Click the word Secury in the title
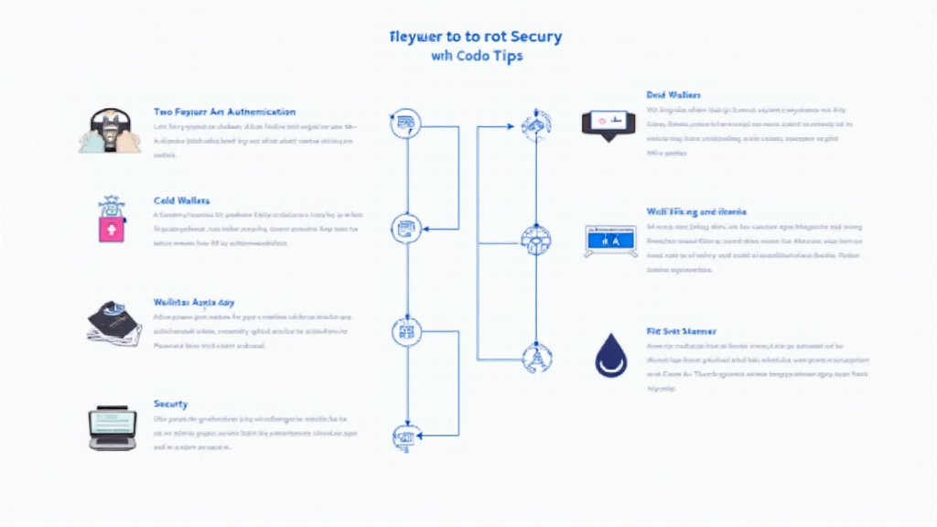(x=530, y=38)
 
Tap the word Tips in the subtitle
(x=506, y=56)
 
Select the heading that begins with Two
(x=224, y=111)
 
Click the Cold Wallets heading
(x=182, y=200)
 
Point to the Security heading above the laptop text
(x=171, y=403)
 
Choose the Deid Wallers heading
(x=673, y=95)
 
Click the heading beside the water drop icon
(x=681, y=331)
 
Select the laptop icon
(x=112, y=428)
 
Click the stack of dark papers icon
(x=113, y=322)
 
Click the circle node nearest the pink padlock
(x=404, y=228)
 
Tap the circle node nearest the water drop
(x=534, y=356)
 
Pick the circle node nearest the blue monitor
(x=535, y=242)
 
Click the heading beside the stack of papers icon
(x=194, y=301)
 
